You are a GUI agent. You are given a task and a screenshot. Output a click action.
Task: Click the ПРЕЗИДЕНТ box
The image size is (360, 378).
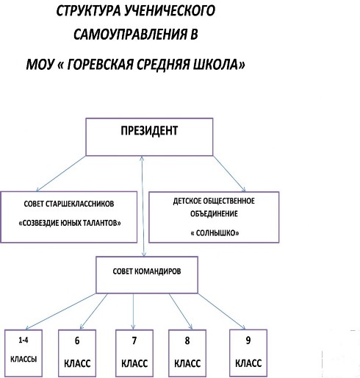[x=149, y=137]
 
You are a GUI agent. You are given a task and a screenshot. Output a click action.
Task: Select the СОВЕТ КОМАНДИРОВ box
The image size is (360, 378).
[x=147, y=275]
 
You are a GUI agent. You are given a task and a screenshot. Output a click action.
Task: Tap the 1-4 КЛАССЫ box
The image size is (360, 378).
[x=24, y=353]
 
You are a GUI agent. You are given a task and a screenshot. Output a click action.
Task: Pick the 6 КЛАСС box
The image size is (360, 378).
[x=77, y=353]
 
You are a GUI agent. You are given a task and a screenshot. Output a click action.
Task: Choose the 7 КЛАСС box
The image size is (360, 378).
[x=134, y=353]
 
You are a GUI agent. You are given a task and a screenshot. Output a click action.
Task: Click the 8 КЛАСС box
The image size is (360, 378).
[x=187, y=353]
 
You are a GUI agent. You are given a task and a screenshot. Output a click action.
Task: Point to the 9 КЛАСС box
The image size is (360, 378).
[x=248, y=353]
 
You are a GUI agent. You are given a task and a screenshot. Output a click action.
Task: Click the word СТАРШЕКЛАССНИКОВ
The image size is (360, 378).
[x=79, y=204]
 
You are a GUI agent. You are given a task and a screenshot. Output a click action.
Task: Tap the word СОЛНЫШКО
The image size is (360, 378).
[x=215, y=232]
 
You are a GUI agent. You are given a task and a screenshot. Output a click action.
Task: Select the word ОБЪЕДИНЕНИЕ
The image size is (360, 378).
[x=214, y=214]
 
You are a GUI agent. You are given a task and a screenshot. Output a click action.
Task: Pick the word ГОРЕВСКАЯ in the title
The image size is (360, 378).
[x=100, y=65]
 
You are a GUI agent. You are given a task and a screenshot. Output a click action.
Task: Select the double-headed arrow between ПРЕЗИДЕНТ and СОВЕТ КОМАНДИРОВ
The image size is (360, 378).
[x=143, y=206]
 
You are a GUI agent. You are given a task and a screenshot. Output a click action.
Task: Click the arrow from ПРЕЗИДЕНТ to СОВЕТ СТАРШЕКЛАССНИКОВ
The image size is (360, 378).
[x=61, y=174]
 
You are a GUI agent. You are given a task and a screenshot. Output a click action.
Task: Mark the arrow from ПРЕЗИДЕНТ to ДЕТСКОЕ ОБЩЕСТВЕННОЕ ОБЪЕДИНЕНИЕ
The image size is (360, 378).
[x=229, y=174]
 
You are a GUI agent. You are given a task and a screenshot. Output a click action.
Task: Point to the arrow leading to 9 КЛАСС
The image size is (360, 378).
[x=222, y=311]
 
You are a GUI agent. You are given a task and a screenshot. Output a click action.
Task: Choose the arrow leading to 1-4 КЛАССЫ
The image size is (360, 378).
[x=60, y=311]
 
